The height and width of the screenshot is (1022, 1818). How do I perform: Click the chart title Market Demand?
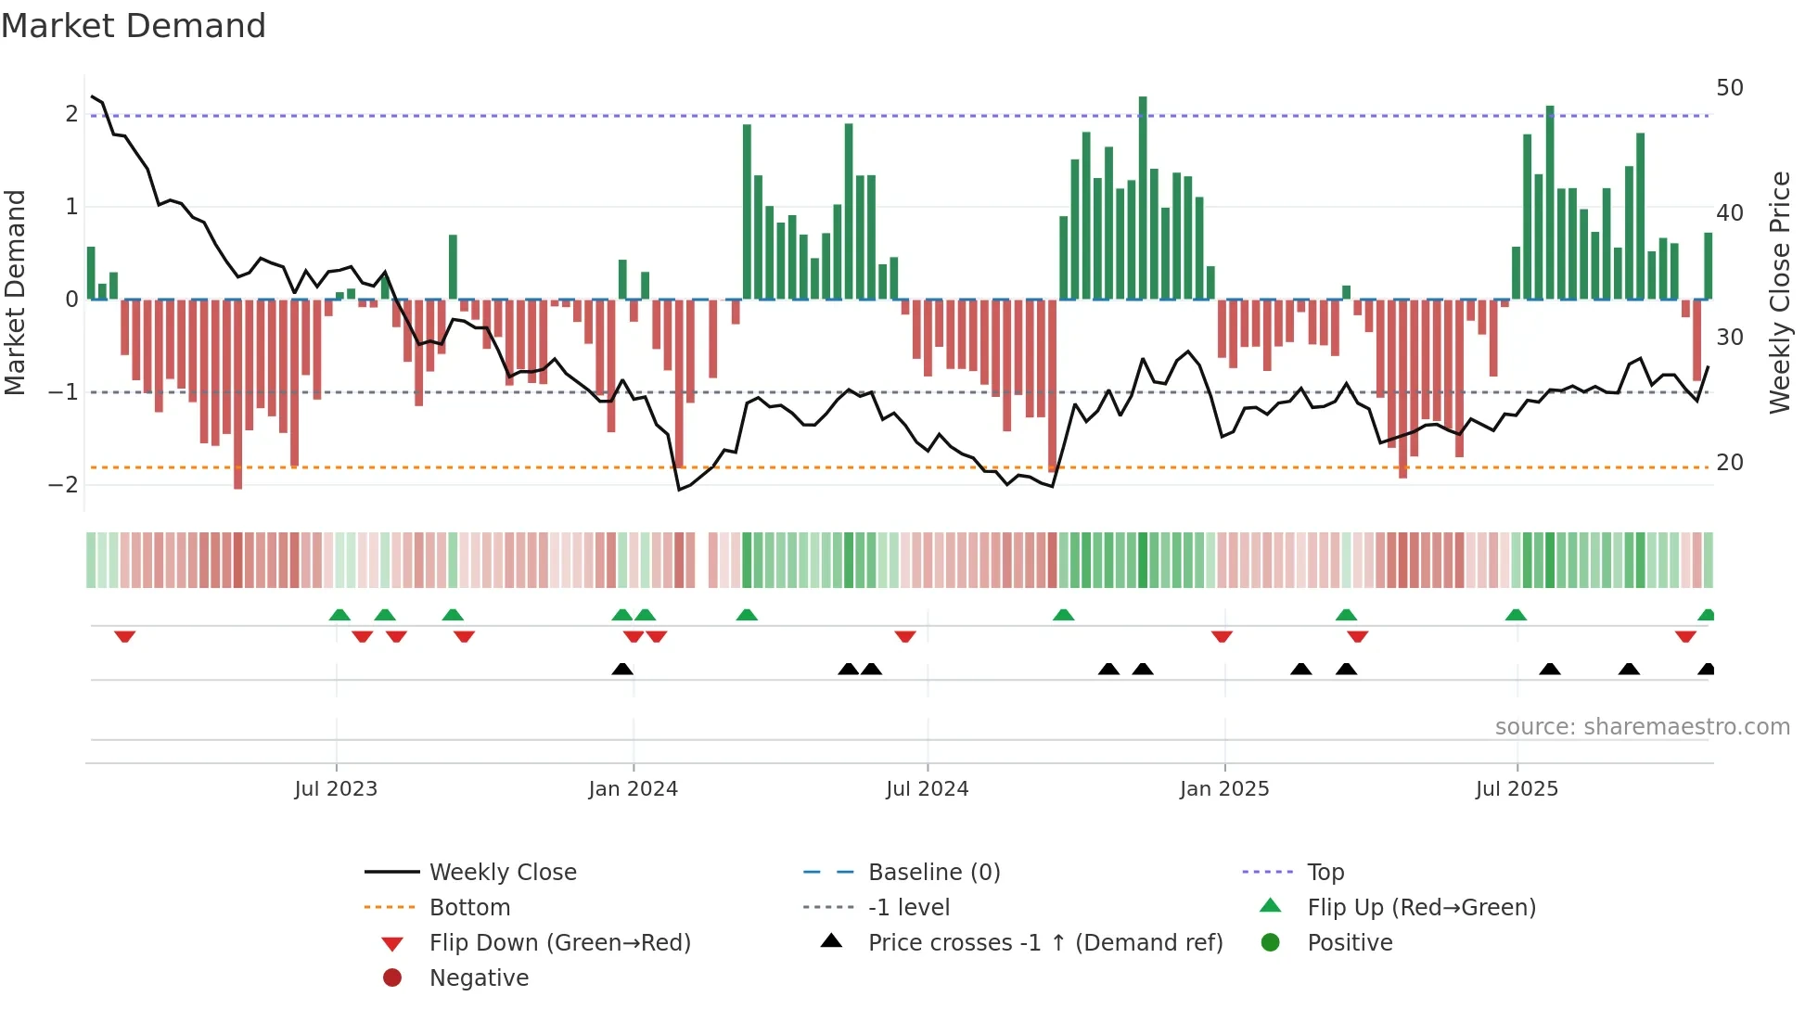click(134, 26)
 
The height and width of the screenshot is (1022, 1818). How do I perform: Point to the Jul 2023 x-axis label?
click(336, 789)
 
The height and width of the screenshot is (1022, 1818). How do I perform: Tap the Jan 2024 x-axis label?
click(634, 789)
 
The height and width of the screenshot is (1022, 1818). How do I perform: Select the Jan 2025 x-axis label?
click(1224, 789)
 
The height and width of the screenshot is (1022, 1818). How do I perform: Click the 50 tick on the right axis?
click(1730, 88)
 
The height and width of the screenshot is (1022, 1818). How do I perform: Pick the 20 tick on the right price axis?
click(1730, 462)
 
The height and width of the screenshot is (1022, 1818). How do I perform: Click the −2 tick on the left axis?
click(63, 485)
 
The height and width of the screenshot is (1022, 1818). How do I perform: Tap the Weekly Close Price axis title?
click(1780, 292)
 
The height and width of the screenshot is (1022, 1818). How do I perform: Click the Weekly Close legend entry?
click(502, 873)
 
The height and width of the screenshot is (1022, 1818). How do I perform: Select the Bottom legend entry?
click(469, 908)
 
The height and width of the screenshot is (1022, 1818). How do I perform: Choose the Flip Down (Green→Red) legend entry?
click(559, 943)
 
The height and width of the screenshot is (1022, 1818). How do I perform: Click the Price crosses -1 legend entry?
click(1044, 943)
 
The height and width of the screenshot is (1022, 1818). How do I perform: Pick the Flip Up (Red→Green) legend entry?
click(1421, 908)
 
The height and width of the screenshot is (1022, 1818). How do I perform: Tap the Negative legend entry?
click(479, 978)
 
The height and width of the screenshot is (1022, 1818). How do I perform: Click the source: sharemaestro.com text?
click(1642, 727)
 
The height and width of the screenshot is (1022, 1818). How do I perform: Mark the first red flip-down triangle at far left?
click(125, 636)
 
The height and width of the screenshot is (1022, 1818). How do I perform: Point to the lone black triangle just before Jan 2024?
click(622, 669)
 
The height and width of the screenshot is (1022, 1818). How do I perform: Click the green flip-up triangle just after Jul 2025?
click(1516, 615)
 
